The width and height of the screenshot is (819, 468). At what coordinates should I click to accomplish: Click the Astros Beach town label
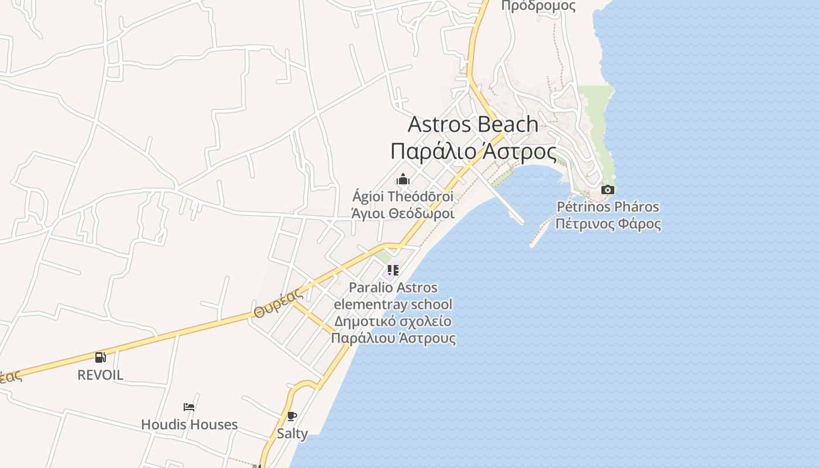pos(473,124)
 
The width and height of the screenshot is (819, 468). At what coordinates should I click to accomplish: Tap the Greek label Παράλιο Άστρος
pos(473,151)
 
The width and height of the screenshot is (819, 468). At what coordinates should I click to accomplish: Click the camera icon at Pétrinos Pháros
pos(608,190)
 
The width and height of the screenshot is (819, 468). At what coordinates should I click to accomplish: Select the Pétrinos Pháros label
pos(608,207)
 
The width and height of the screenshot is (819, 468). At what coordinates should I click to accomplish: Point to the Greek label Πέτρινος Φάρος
pos(608,223)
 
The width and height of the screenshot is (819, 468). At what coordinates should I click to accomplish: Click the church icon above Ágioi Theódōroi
pos(403,179)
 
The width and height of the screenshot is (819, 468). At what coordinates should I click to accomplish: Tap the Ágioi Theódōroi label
pos(403,196)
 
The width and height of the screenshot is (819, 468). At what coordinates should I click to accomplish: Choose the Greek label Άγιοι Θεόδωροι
pos(403,213)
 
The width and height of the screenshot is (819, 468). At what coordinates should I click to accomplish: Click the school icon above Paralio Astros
pos(393,270)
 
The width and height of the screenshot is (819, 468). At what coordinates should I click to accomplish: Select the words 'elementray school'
pos(393,304)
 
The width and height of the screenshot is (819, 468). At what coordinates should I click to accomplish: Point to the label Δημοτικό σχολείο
pos(393,321)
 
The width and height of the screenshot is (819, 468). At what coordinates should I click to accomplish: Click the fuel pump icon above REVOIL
pos(101,357)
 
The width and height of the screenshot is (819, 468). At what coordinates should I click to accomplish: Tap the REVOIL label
pos(101,375)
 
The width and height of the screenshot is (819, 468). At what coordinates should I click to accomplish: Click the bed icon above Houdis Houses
pos(189,407)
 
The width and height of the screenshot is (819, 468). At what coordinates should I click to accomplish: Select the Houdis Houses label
pos(189,424)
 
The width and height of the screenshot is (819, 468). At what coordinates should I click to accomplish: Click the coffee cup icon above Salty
pos(292,417)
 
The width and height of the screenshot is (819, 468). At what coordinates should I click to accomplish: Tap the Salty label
pos(292,433)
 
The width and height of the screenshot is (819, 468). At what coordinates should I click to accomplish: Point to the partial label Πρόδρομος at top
pos(538,6)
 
